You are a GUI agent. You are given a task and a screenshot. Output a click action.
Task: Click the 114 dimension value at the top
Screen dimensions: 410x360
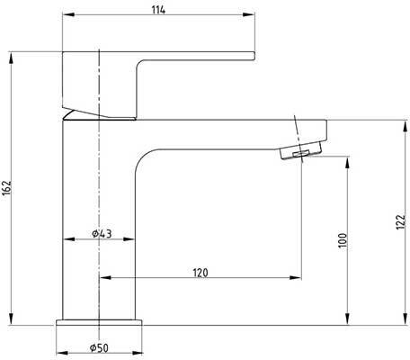[x=158, y=10]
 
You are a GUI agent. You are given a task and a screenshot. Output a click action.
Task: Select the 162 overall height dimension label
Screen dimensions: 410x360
[x=7, y=188]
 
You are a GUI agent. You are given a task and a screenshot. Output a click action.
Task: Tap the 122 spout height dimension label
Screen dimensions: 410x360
[x=401, y=222]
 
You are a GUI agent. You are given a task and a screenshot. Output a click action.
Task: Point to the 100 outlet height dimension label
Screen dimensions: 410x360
[x=343, y=240]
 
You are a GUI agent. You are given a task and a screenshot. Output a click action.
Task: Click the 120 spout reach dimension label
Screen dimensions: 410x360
[x=201, y=273]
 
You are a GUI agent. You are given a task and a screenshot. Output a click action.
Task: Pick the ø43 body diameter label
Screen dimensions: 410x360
[x=102, y=233]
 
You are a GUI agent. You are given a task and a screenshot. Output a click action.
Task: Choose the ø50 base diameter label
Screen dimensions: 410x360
[x=99, y=348]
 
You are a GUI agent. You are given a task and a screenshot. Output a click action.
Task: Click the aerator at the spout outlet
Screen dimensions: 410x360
[x=300, y=151]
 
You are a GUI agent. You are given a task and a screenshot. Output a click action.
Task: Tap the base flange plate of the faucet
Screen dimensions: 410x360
[x=99, y=322]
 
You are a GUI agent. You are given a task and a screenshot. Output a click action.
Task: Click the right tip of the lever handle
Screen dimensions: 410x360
[x=254, y=56]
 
